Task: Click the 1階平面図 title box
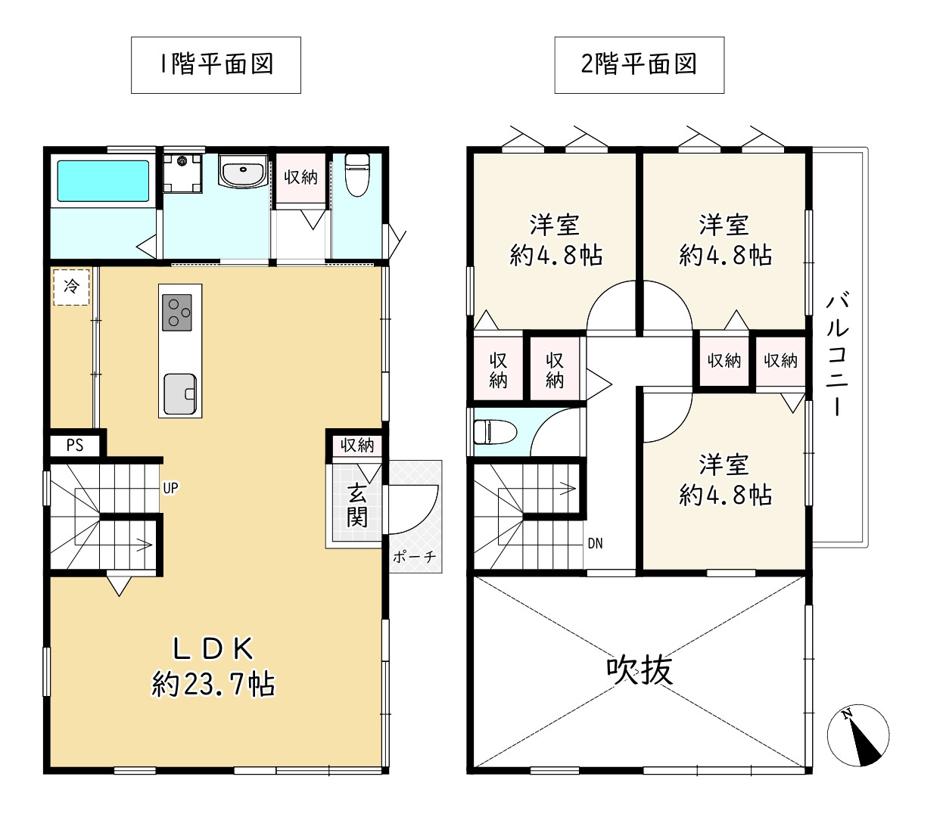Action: [x=216, y=65]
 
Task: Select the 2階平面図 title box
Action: [x=640, y=65]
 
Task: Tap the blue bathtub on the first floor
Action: [x=103, y=181]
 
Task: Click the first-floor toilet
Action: [x=357, y=175]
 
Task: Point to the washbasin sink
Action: [x=243, y=170]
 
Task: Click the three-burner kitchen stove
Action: [x=176, y=312]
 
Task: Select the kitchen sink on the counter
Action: [x=180, y=394]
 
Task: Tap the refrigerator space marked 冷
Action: [x=71, y=287]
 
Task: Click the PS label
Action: [x=75, y=445]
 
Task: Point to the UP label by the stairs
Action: [x=170, y=488]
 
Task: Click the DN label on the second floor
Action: [x=595, y=543]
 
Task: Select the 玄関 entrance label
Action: [x=356, y=506]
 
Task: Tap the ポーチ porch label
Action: [x=414, y=557]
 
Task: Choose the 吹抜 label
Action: [x=640, y=670]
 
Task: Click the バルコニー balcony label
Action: [x=838, y=356]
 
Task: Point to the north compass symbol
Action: [x=858, y=735]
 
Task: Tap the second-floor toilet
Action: [x=495, y=431]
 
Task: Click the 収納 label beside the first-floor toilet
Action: [x=300, y=177]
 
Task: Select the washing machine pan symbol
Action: [x=182, y=173]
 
